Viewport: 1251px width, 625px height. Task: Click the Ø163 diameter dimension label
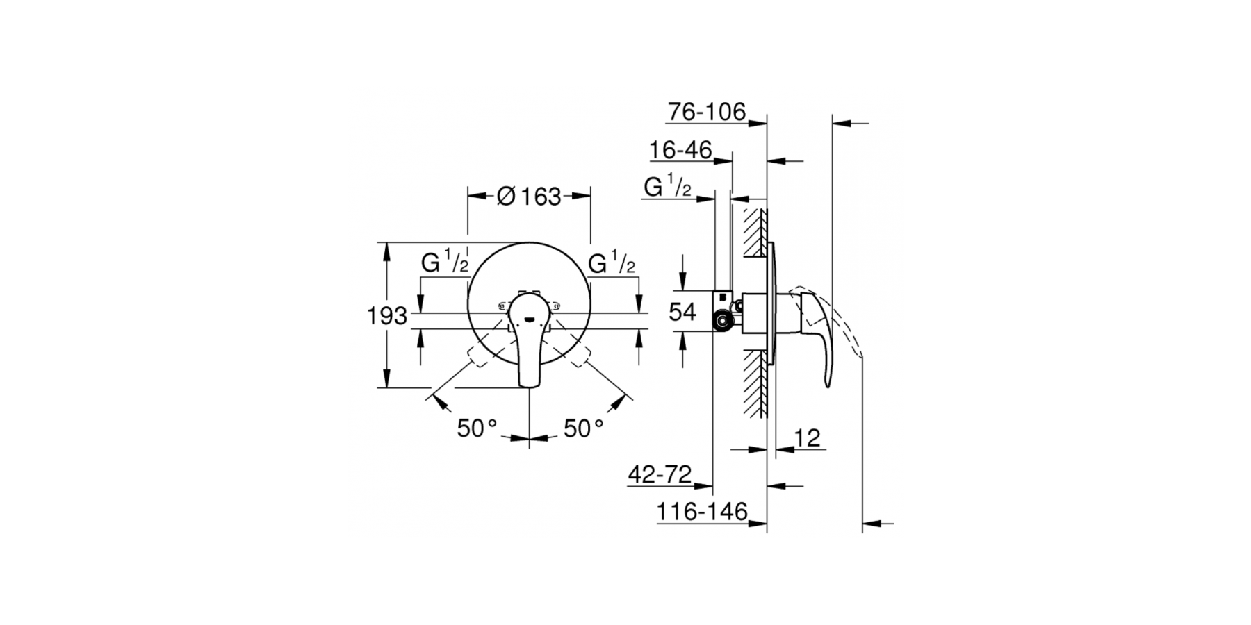click(x=530, y=197)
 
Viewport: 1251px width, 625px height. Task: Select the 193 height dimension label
click(x=387, y=316)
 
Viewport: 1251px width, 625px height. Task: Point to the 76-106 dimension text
click(x=706, y=111)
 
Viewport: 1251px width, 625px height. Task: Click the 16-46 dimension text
click(x=680, y=150)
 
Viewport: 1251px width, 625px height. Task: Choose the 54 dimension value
click(x=682, y=312)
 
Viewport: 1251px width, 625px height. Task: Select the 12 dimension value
click(x=807, y=437)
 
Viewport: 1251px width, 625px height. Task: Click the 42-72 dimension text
click(x=660, y=474)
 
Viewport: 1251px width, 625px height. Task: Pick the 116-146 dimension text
click(x=702, y=512)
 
